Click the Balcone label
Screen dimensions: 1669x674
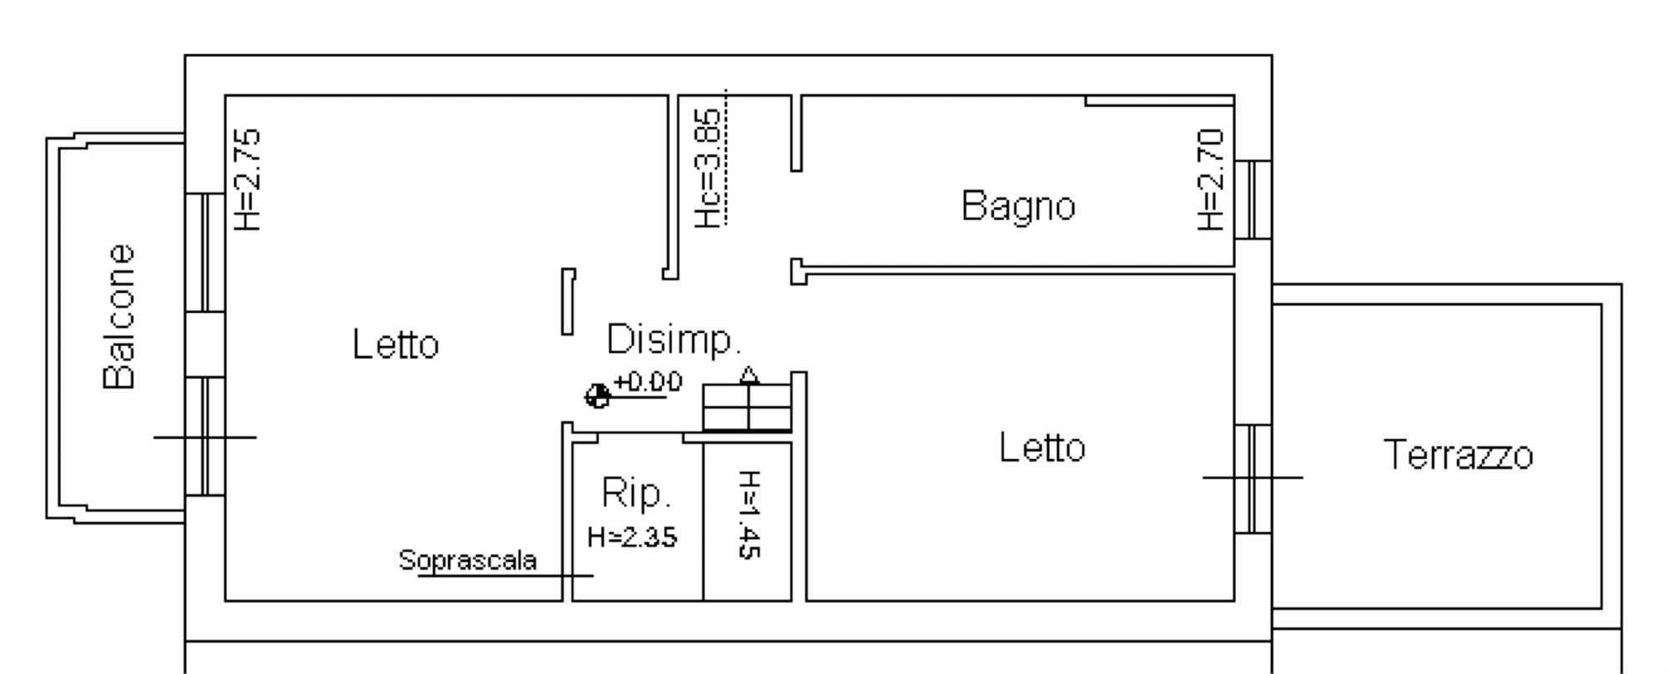coord(119,317)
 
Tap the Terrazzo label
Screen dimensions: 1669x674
coord(1458,455)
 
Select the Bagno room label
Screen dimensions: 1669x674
coord(1018,206)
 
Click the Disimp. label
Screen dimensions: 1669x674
coord(673,340)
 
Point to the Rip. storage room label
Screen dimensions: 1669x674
coord(636,493)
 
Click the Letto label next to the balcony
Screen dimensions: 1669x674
coord(396,345)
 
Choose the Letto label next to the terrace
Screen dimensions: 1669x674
coord(1042,448)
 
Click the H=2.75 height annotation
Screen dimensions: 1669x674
coord(249,179)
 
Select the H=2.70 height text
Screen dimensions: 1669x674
coord(1210,179)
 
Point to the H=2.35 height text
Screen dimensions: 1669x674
coord(632,537)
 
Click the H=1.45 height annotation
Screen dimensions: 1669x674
coord(749,514)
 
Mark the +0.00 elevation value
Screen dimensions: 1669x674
coord(648,382)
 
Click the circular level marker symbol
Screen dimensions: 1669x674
coord(597,396)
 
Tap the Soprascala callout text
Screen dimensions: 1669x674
coord(467,560)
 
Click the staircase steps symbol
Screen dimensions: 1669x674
coord(747,407)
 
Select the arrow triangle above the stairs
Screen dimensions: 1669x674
coord(749,375)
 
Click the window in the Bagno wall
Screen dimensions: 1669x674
coord(1253,199)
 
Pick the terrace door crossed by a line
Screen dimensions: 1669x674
coord(1253,478)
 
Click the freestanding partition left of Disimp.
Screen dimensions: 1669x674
coord(568,301)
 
